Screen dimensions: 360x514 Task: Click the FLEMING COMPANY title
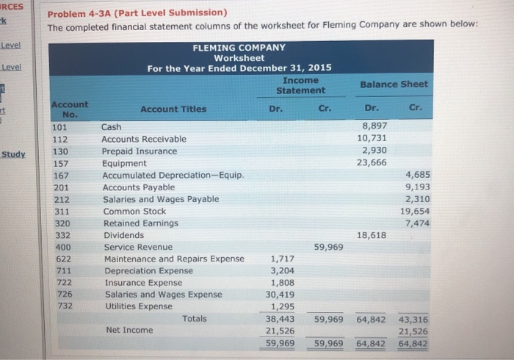[239, 48]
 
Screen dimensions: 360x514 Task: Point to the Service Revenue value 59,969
[328, 247]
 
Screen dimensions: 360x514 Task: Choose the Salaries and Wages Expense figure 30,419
[279, 294]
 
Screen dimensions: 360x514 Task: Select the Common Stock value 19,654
[416, 211]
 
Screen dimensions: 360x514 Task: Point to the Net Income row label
[130, 330]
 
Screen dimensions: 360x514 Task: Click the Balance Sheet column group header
[394, 84]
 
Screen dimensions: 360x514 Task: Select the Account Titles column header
[173, 109]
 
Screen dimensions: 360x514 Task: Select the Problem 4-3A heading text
[137, 12]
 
